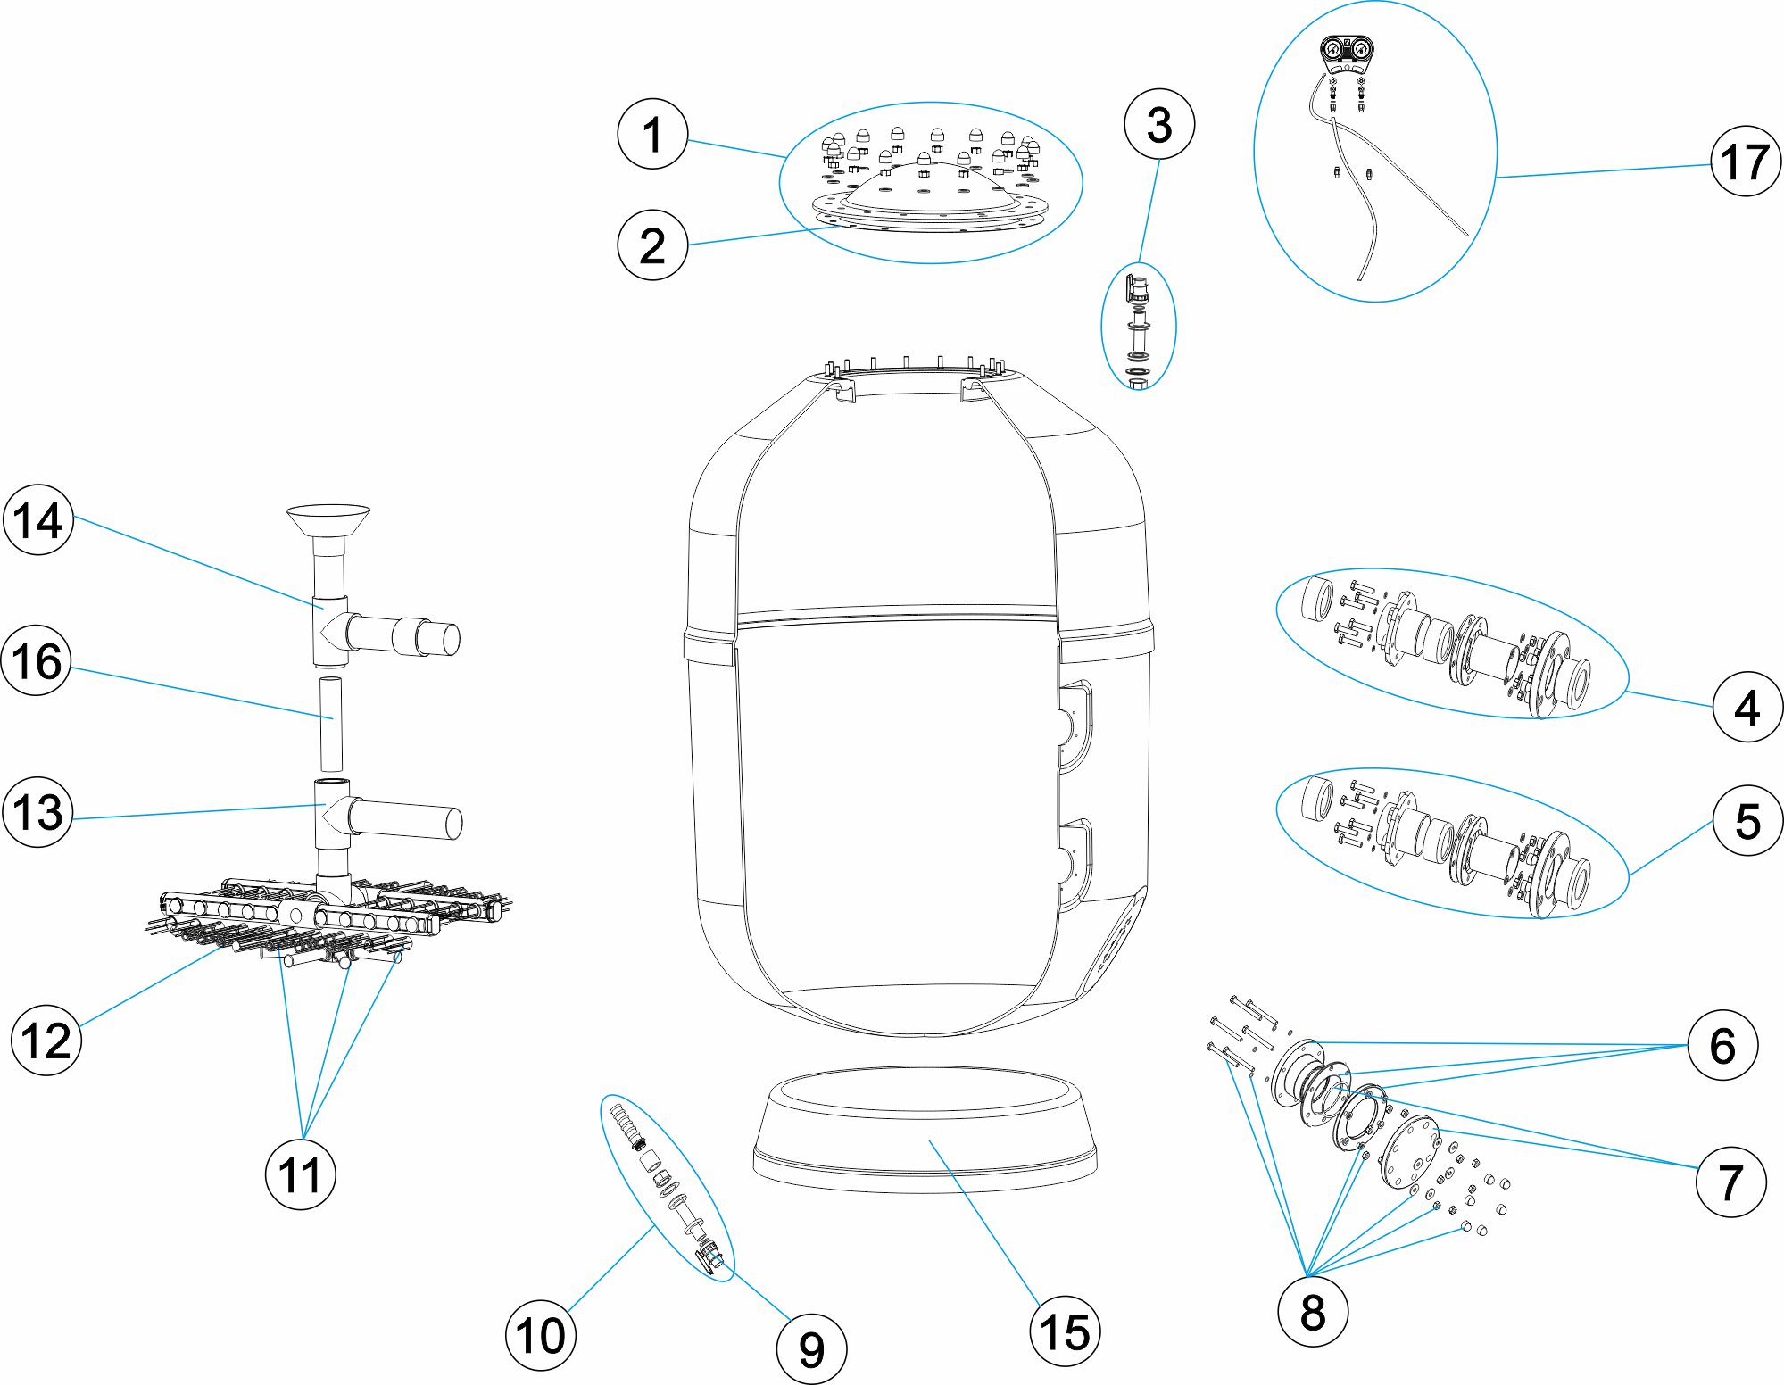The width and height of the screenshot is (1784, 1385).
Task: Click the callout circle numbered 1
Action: pos(652,135)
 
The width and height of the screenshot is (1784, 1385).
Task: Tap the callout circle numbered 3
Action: pos(1159,124)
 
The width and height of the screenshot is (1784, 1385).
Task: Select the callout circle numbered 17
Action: pos(1746,162)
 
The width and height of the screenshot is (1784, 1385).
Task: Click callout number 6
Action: pos(1722,1045)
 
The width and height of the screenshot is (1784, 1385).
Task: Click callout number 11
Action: pos(301,1174)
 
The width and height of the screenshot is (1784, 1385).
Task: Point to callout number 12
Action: pos(46,1041)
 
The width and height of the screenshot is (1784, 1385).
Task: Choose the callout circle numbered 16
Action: pos(37,661)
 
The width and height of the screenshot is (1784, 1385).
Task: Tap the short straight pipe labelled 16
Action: pos(330,724)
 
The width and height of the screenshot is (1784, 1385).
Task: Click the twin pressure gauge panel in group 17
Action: pos(1347,52)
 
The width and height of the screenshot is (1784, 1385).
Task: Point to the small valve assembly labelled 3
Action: pos(1139,326)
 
